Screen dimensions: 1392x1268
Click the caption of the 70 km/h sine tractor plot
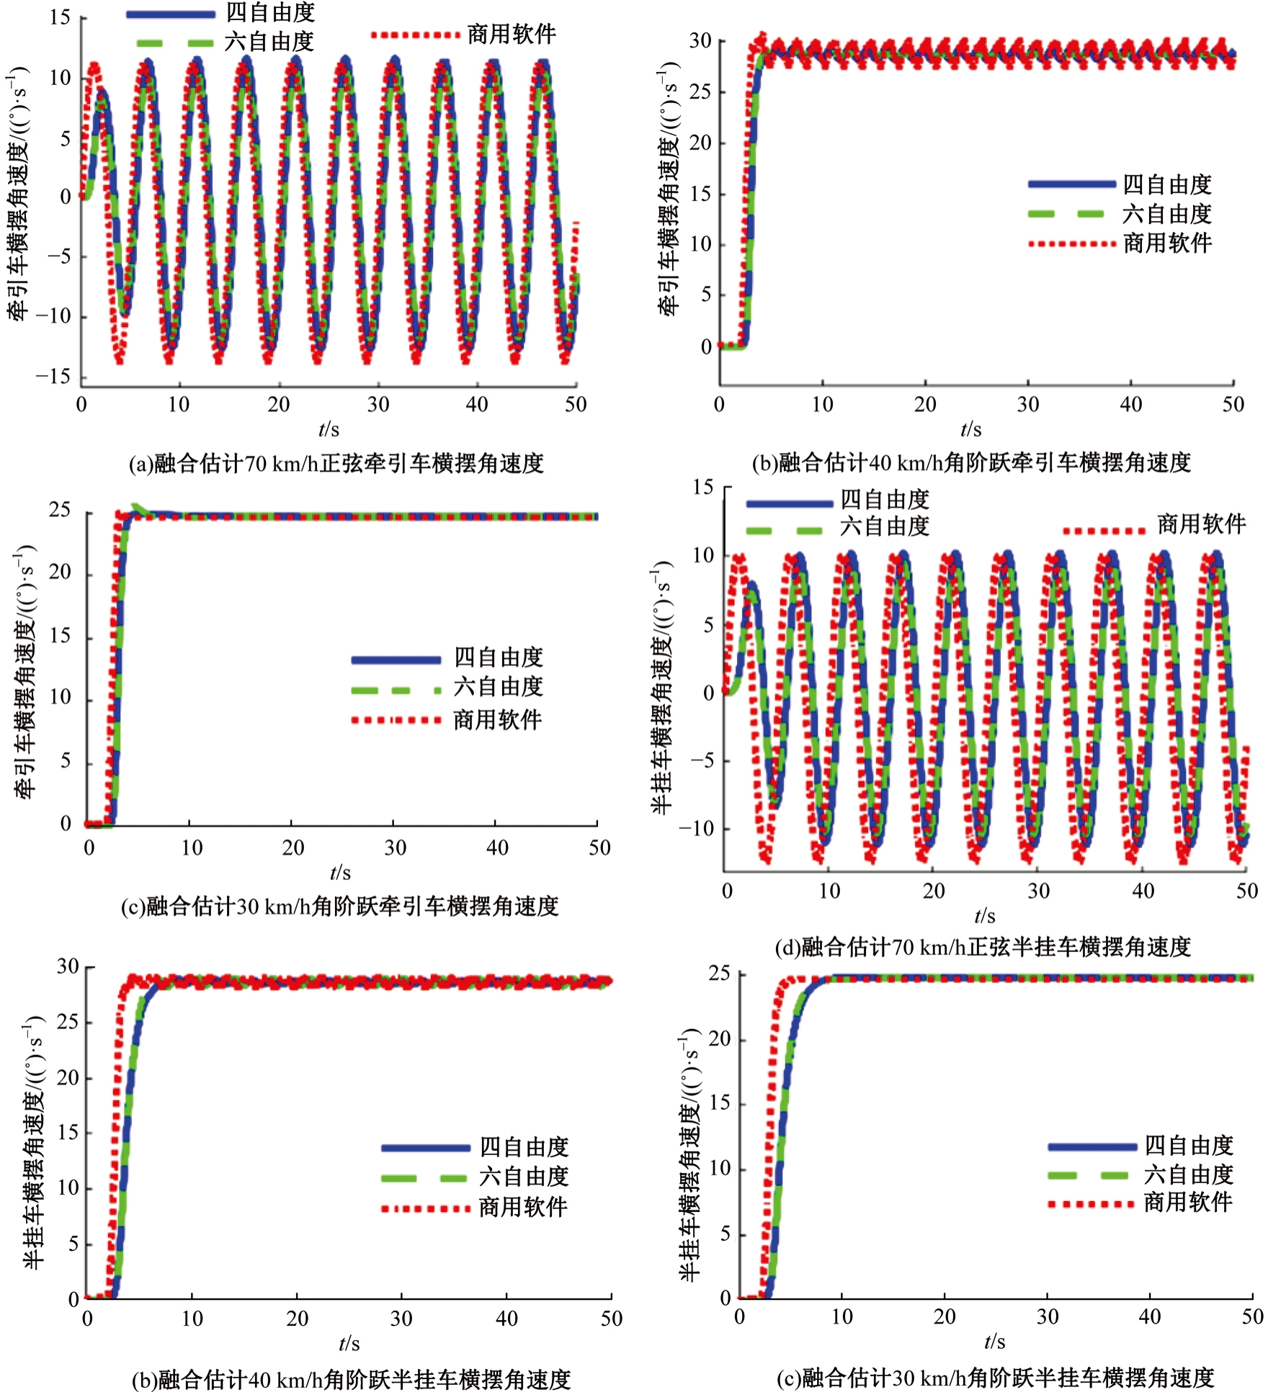coord(336,463)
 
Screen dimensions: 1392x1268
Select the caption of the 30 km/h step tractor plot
coord(339,905)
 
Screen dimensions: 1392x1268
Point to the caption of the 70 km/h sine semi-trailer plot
coord(983,947)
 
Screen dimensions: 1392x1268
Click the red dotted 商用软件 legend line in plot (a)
coord(415,35)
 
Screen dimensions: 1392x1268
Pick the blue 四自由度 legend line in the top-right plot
coord(1071,184)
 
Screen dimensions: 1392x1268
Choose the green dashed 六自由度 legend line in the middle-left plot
coord(396,690)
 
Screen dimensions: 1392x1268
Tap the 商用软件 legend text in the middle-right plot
coord(1201,524)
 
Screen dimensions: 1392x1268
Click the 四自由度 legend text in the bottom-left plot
coord(524,1146)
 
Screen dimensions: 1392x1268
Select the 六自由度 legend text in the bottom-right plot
coord(1189,1175)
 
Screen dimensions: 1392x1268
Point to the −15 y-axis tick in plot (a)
coord(54,377)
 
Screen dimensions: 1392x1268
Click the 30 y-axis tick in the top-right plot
coord(700,41)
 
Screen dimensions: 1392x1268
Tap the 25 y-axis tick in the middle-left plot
coord(60,511)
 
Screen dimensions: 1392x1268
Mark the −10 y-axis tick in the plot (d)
coord(697,828)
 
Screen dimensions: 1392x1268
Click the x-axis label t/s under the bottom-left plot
coord(349,1343)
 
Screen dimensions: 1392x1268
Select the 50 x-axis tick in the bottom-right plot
coord(1252,1316)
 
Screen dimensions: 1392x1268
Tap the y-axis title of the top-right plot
coord(669,189)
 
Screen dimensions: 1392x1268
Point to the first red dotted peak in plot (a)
coord(94,68)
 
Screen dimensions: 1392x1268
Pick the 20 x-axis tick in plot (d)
coord(934,891)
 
